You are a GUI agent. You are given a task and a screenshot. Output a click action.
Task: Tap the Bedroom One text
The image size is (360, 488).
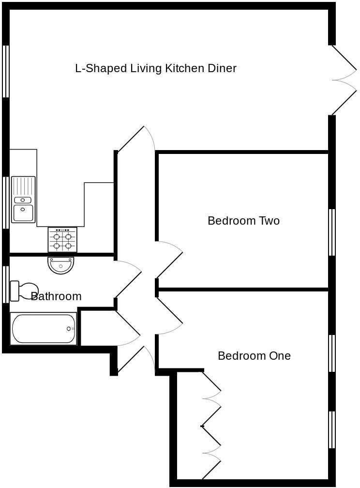coord(254,356)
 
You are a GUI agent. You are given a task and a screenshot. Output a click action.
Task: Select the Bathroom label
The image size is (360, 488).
coord(56,296)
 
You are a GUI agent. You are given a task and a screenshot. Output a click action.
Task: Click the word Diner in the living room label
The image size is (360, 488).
coord(222,68)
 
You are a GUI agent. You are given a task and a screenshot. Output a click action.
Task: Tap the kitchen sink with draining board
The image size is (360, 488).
coord(23,199)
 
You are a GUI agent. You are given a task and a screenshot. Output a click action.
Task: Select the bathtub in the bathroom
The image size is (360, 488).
coord(44,329)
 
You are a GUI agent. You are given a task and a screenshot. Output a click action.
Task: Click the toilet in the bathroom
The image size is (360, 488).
coord(24,290)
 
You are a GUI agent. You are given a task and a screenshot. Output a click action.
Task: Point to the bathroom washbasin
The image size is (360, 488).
coord(61,265)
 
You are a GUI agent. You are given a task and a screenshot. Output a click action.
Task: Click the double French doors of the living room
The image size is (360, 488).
coord(344,80)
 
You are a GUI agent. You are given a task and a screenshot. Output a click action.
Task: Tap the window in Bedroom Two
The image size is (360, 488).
coord(332,232)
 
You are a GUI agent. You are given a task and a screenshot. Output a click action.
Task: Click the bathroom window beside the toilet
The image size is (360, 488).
coord(6,284)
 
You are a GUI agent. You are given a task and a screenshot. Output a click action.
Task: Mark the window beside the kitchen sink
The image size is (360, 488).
coord(6,202)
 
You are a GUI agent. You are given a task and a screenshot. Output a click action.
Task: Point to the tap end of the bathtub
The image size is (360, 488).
coord(70,329)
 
